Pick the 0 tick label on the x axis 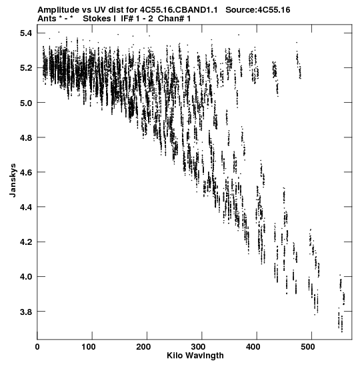[x=37, y=347]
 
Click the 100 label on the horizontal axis [x=89, y=347]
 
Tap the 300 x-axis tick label [x=198, y=347]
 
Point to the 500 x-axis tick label [x=307, y=347]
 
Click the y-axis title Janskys [x=13, y=180]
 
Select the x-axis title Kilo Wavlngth [x=195, y=356]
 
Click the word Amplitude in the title [x=59, y=10]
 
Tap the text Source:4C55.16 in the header [x=258, y=10]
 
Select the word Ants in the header [x=47, y=19]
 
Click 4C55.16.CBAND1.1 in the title [x=179, y=10]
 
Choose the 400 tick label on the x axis [x=253, y=347]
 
